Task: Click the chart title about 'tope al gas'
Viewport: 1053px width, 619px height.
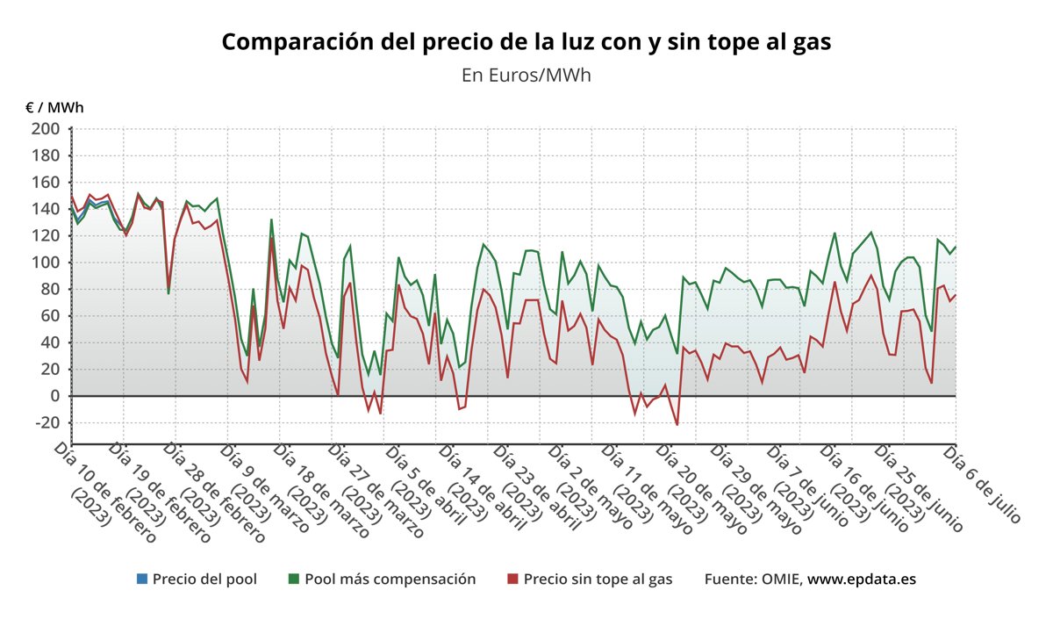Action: click(x=526, y=42)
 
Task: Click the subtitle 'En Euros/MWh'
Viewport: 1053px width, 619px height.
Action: click(x=526, y=75)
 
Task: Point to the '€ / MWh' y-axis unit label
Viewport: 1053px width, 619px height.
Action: click(x=54, y=108)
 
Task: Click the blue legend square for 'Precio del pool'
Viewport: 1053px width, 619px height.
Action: click(x=141, y=579)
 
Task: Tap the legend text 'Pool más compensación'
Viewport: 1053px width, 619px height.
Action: click(x=390, y=579)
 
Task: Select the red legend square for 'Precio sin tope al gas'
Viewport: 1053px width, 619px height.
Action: click(x=513, y=579)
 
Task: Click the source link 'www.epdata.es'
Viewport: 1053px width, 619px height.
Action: click(x=862, y=579)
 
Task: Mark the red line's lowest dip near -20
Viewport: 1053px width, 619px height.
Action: click(x=677, y=425)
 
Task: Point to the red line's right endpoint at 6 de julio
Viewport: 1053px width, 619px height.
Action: click(x=956, y=295)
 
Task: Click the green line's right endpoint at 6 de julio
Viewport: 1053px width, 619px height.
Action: click(x=956, y=247)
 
